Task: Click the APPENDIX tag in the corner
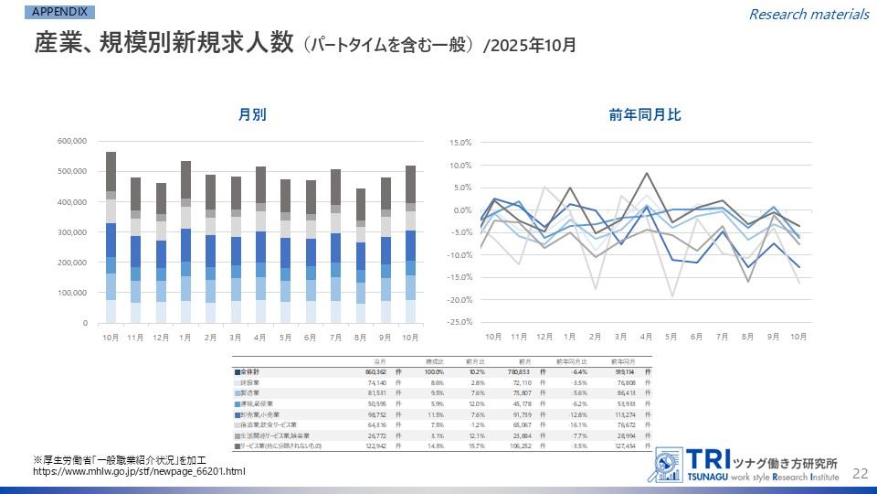(60, 12)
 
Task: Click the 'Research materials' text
(808, 14)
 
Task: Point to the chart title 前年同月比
(645, 115)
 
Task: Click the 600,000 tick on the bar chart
(71, 141)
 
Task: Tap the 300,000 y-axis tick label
(71, 232)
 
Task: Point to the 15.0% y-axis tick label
(459, 143)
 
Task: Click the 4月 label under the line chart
(646, 337)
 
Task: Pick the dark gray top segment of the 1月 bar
(185, 179)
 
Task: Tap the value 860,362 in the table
(375, 373)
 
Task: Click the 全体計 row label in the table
(251, 373)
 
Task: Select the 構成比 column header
(433, 362)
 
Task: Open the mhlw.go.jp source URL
(139, 472)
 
